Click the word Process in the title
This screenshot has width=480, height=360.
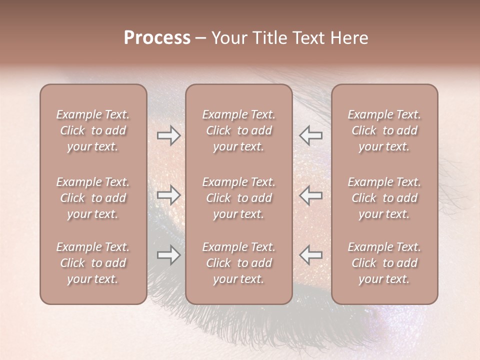pyautogui.click(x=157, y=38)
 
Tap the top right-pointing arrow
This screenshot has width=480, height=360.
pyautogui.click(x=168, y=135)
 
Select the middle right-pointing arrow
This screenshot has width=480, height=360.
pyautogui.click(x=168, y=195)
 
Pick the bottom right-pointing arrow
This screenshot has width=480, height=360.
pyautogui.click(x=168, y=255)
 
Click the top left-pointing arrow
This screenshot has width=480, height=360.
pyautogui.click(x=311, y=135)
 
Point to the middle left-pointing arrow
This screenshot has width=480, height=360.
pyautogui.click(x=311, y=195)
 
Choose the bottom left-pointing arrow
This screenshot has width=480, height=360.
pyautogui.click(x=311, y=255)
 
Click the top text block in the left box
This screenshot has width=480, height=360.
pyautogui.click(x=93, y=130)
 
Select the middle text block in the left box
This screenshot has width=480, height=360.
pyautogui.click(x=93, y=198)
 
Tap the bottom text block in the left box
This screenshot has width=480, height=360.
pyautogui.click(x=93, y=263)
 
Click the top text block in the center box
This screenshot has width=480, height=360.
pyautogui.click(x=238, y=130)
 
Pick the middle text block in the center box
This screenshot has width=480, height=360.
pyautogui.click(x=238, y=198)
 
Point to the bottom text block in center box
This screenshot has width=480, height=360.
pyautogui.click(x=238, y=263)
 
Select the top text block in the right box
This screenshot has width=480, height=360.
pyautogui.click(x=384, y=130)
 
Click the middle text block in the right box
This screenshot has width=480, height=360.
pyautogui.click(x=384, y=198)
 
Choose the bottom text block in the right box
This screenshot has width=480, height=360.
pyautogui.click(x=384, y=263)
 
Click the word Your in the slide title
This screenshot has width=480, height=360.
pyautogui.click(x=227, y=38)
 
